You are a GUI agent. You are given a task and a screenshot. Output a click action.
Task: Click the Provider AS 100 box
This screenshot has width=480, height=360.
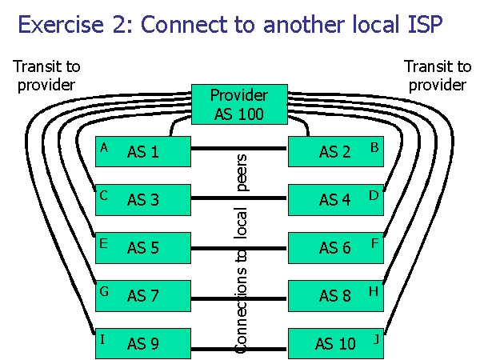click(x=239, y=103)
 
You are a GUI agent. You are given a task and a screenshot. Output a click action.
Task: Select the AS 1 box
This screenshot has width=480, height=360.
click(x=143, y=152)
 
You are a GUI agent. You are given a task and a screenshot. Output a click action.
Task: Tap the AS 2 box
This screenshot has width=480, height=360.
click(x=335, y=152)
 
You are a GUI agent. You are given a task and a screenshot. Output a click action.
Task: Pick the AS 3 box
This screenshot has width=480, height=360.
click(x=143, y=200)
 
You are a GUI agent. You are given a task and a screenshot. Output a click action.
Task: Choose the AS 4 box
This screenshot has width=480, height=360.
click(x=335, y=200)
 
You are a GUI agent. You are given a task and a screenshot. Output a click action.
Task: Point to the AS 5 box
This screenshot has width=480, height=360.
click(x=143, y=248)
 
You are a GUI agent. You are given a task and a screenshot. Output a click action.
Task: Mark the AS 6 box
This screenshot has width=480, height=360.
click(x=335, y=248)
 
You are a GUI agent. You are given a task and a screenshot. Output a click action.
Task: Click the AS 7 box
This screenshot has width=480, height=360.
click(x=143, y=296)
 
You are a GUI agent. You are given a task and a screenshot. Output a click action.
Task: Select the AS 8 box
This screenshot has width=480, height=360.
click(x=335, y=296)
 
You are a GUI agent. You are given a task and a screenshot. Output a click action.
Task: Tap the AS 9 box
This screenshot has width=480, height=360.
click(x=143, y=344)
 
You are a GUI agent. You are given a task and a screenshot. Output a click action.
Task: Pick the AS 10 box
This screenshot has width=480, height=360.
click(x=335, y=344)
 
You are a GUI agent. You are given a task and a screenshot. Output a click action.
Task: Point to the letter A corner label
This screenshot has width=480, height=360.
click(x=103, y=147)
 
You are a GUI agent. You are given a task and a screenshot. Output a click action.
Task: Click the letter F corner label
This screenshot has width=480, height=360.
click(x=374, y=243)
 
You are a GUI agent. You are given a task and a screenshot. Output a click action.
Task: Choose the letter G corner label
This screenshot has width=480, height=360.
click(x=104, y=291)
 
